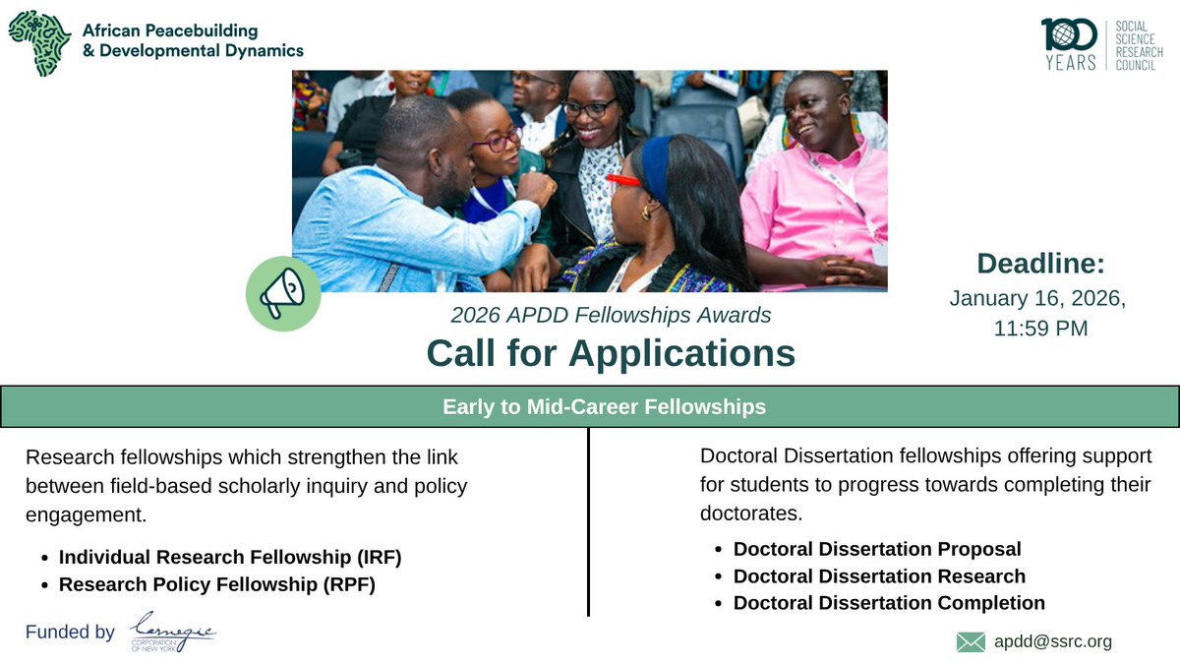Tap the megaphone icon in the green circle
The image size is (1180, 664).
pos(282,294)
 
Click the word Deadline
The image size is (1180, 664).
pos(1040,264)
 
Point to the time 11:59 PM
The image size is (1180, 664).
pos(1040,329)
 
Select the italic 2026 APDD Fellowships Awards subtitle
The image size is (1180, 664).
pos(611,316)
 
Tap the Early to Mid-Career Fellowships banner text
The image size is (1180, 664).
pos(604,406)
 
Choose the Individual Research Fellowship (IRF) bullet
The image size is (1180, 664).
pos(230,558)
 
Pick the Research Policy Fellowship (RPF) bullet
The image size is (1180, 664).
pos(217,584)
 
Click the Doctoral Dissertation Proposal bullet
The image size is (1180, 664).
pos(877,549)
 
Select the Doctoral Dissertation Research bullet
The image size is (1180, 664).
pos(879,576)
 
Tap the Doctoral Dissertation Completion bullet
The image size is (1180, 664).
pos(889,603)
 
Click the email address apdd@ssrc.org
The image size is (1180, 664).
pos(1053,641)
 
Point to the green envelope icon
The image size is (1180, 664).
pos(970,642)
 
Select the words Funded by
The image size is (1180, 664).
pos(70,633)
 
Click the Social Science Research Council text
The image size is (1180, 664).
pos(1142,45)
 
